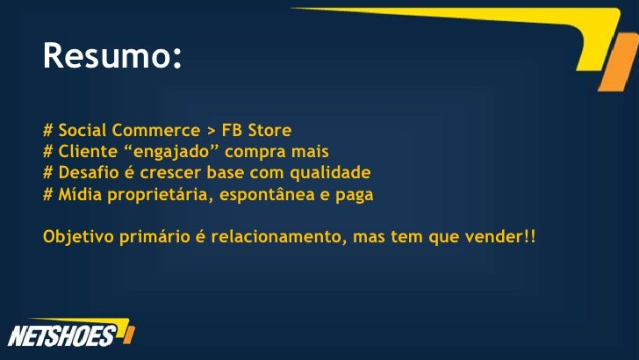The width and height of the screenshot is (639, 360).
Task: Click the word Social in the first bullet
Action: [x=80, y=132]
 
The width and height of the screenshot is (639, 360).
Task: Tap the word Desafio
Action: [x=88, y=170]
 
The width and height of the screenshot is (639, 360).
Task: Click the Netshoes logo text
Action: [x=61, y=335]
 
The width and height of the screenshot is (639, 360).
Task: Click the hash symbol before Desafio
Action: [x=48, y=170]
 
